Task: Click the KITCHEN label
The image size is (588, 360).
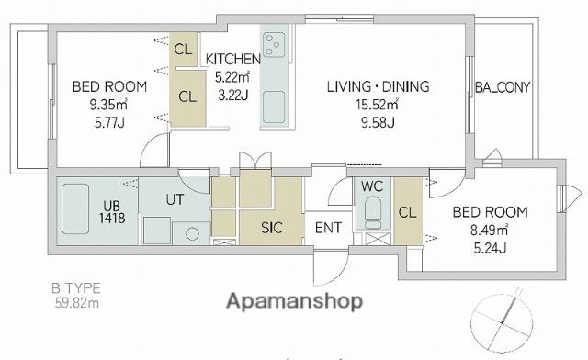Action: point(232,59)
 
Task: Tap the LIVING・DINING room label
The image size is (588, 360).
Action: point(378,86)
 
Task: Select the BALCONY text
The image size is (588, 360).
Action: point(503,87)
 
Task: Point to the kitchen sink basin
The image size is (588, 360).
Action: point(274,107)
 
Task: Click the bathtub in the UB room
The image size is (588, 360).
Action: point(75,208)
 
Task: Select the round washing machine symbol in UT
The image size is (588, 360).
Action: point(192,234)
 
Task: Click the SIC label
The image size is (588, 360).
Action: point(272,228)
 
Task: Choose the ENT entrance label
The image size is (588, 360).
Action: point(329,228)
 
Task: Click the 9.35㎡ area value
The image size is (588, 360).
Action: point(108,105)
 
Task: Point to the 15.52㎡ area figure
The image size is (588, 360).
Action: point(377,105)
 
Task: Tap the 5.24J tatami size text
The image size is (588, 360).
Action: point(490,248)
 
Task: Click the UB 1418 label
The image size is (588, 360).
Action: point(112,212)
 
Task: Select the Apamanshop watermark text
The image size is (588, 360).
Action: point(295,302)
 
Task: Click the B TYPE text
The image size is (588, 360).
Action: point(76,288)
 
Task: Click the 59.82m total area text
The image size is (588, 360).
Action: point(77,303)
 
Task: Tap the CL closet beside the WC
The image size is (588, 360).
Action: point(408,213)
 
